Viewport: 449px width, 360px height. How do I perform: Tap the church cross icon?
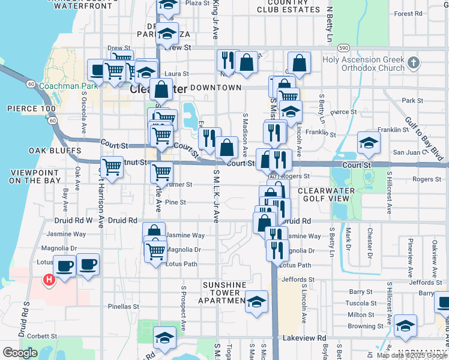pos(413,62)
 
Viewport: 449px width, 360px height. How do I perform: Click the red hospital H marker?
pos(49,279)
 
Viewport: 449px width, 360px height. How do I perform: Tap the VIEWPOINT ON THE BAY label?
pos(35,176)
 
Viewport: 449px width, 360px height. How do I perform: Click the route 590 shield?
pos(343,47)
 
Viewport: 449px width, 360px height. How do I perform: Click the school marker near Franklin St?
pos(368,142)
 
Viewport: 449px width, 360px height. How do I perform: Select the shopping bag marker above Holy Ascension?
pos(299,63)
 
